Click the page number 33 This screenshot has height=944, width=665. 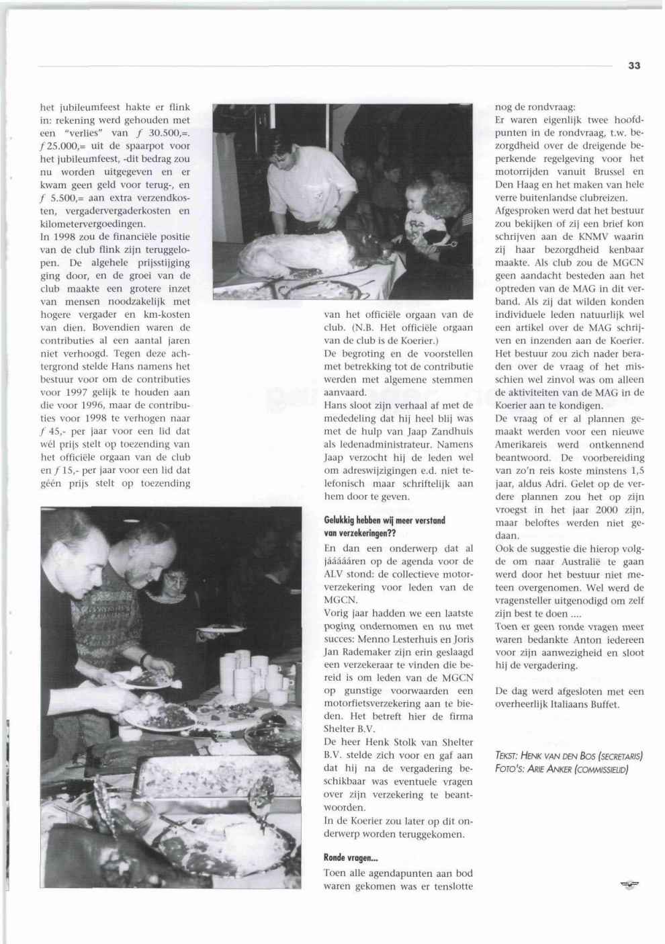click(x=635, y=65)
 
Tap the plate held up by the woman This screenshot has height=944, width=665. click(x=221, y=630)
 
